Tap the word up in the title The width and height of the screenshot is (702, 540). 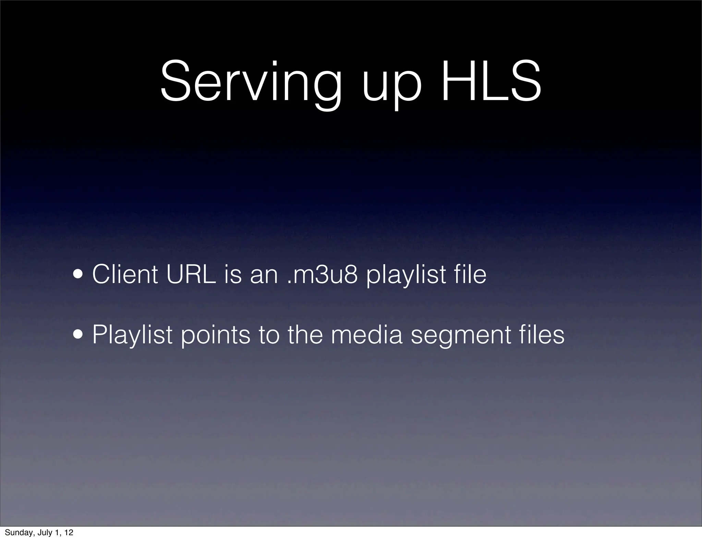coord(391,87)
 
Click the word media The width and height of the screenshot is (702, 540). coord(366,335)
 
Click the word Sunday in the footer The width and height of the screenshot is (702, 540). coord(19,533)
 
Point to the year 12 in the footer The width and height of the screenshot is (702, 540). coord(69,533)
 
